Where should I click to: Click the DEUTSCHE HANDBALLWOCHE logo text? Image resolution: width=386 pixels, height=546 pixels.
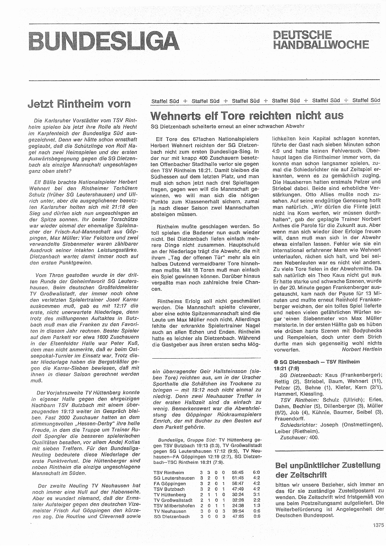click(321, 40)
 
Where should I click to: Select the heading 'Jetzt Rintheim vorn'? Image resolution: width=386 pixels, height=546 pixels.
click(79, 104)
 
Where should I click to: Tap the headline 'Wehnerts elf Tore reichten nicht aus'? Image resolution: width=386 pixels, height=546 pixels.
click(247, 115)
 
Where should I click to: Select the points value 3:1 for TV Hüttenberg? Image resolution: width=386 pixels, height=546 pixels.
click(256, 494)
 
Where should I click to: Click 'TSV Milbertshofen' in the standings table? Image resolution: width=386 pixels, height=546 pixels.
click(174, 506)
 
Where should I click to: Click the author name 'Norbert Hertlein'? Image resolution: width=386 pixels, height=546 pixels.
click(361, 349)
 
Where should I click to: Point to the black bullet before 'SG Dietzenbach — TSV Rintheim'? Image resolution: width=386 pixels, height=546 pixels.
click(276, 362)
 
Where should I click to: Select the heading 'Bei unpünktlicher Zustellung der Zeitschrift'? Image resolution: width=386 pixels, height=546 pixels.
click(328, 470)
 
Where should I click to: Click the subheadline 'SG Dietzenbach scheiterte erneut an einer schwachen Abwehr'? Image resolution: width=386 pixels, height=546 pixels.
click(227, 126)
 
